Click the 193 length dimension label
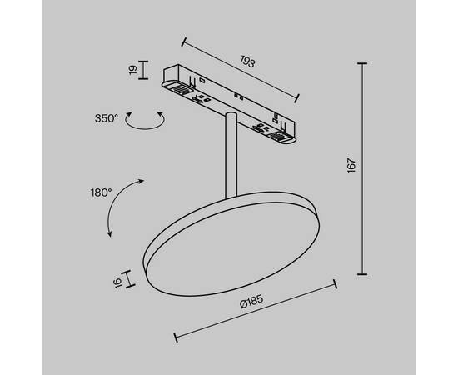(246, 62)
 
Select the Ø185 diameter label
(252, 305)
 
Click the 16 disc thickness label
(119, 282)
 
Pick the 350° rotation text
(106, 118)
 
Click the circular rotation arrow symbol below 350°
(142, 122)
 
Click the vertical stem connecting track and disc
(228, 154)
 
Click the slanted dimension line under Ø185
(254, 314)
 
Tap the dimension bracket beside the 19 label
(144, 72)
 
